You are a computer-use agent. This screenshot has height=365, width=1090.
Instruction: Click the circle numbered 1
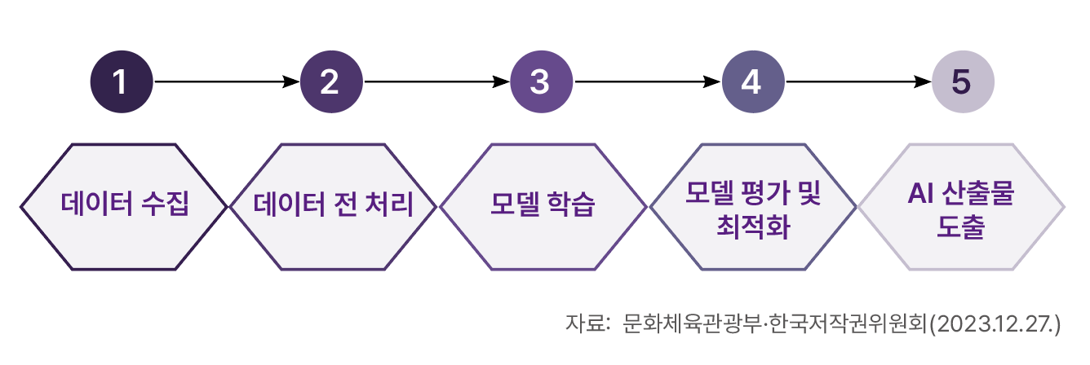(x=122, y=81)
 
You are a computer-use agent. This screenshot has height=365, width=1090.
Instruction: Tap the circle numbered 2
(x=331, y=81)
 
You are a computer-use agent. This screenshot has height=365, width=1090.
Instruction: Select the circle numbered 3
(x=542, y=81)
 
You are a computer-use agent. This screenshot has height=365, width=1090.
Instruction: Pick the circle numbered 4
(x=753, y=81)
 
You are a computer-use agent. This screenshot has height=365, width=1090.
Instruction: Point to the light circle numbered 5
(x=963, y=81)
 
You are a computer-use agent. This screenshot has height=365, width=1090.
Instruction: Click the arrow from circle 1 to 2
(x=227, y=81)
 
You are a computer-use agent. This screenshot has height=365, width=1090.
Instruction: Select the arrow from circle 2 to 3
(x=437, y=81)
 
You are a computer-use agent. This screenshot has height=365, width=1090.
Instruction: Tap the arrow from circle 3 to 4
(x=648, y=81)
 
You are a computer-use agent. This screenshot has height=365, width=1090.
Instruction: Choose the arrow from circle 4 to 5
(x=858, y=81)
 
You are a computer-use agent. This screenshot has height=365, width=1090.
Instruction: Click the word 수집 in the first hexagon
(x=165, y=203)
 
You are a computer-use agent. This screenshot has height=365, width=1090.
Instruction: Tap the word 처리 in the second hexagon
(x=389, y=204)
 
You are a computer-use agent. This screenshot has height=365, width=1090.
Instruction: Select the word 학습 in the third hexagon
(x=571, y=204)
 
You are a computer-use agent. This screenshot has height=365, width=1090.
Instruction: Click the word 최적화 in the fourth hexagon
(x=753, y=226)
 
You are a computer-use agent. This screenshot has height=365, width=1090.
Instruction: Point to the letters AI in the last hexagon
(x=920, y=193)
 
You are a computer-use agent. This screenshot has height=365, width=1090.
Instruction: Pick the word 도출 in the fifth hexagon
(x=961, y=226)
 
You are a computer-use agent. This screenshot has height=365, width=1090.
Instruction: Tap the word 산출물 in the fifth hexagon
(x=978, y=193)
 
